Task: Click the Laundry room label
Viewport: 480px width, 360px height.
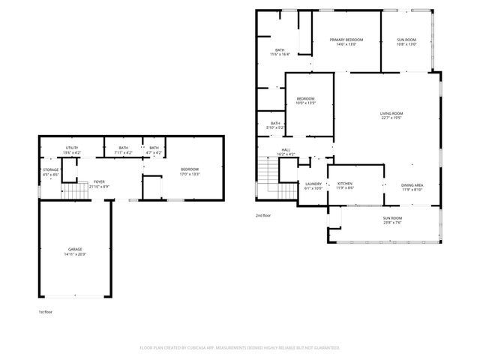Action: (x=313, y=185)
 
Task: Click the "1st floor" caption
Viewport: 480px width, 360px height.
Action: (x=46, y=311)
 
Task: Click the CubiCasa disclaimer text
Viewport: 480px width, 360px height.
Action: (x=240, y=348)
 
